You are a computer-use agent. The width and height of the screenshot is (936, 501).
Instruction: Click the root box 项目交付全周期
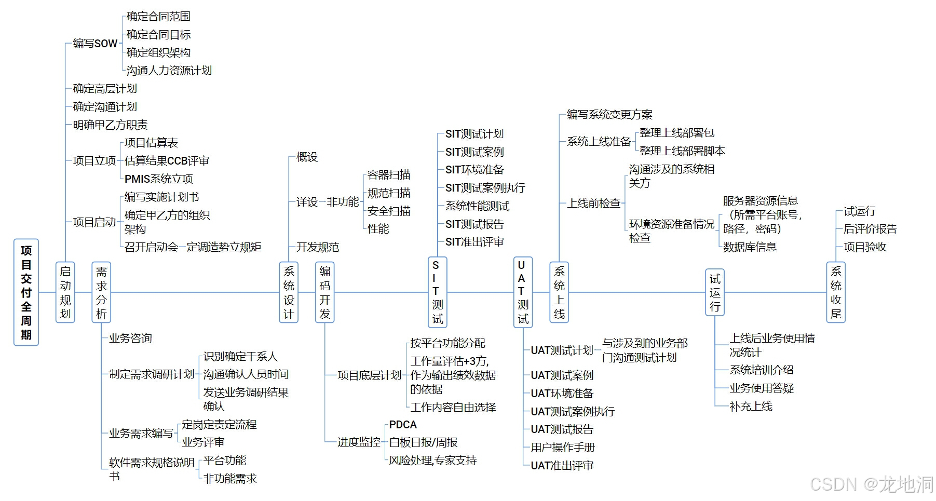[26, 292]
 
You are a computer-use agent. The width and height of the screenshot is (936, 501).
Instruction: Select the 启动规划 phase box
[65, 292]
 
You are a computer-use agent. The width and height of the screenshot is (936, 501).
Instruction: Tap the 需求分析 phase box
[101, 292]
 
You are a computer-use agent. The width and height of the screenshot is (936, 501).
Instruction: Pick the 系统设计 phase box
[289, 292]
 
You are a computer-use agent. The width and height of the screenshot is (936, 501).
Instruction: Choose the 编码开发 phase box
[325, 292]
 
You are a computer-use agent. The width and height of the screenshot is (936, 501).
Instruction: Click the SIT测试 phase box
[437, 292]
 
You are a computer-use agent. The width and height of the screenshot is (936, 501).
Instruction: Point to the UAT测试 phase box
[522, 292]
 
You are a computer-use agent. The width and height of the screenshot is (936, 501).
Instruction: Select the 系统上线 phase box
[559, 292]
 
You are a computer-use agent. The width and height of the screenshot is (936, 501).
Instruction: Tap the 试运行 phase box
[715, 292]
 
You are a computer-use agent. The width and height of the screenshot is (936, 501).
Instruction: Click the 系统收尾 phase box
[836, 292]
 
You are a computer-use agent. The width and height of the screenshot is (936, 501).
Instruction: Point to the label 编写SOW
[95, 44]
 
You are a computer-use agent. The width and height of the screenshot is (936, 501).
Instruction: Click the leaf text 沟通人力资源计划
[169, 71]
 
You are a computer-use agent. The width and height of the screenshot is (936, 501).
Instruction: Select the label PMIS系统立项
[159, 179]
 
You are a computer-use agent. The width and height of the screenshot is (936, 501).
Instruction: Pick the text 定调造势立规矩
[224, 247]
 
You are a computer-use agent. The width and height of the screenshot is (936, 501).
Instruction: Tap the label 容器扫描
[389, 175]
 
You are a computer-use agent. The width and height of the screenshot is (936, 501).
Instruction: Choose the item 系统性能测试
[477, 206]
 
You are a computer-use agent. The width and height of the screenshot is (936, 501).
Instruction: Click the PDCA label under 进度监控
[403, 425]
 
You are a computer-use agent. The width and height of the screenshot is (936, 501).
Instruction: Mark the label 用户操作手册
[563, 448]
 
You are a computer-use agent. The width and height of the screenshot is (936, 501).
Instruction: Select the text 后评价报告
[870, 229]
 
